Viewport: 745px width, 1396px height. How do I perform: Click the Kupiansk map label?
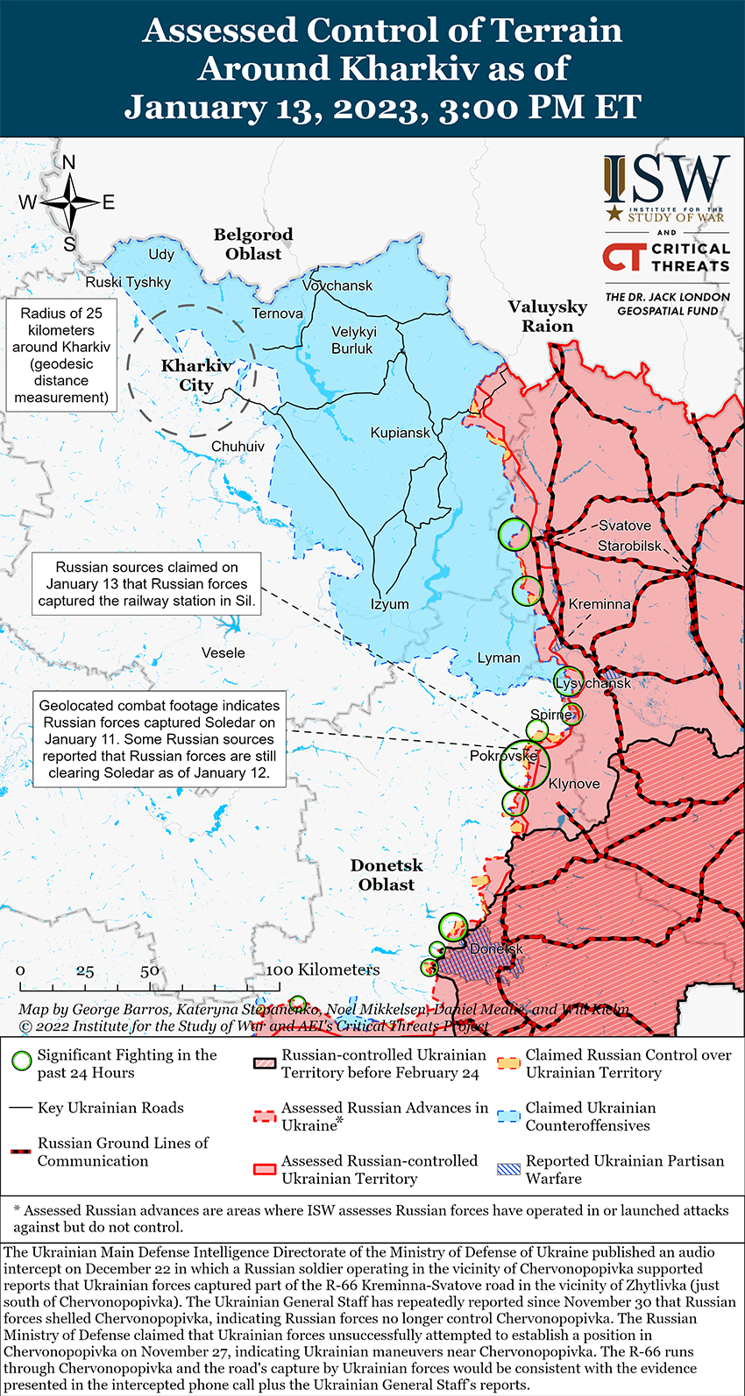coord(401,433)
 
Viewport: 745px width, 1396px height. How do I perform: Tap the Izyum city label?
coord(389,604)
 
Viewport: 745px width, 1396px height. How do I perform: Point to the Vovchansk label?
coord(337,286)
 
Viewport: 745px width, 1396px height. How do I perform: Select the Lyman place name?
coord(499,658)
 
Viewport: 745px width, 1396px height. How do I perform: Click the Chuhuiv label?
coord(238,447)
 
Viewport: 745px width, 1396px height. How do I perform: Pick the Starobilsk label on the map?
coord(630,546)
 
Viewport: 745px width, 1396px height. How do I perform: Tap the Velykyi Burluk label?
coord(353,340)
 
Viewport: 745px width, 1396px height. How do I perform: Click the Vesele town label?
coord(223,652)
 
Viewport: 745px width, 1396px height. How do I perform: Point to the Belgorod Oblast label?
coord(253,244)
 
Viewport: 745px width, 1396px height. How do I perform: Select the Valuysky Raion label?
coord(548,316)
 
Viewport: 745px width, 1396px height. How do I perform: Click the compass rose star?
coord(70,202)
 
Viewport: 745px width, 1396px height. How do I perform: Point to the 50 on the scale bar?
coord(150,970)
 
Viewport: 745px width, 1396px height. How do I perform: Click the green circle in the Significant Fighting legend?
coord(22,1062)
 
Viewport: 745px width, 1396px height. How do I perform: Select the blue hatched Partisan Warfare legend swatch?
coord(508,1168)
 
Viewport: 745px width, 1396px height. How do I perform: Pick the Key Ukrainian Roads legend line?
coord(21,1108)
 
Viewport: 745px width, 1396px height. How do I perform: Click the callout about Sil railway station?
coord(146,584)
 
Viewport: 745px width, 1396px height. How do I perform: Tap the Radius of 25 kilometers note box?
coord(61,356)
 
